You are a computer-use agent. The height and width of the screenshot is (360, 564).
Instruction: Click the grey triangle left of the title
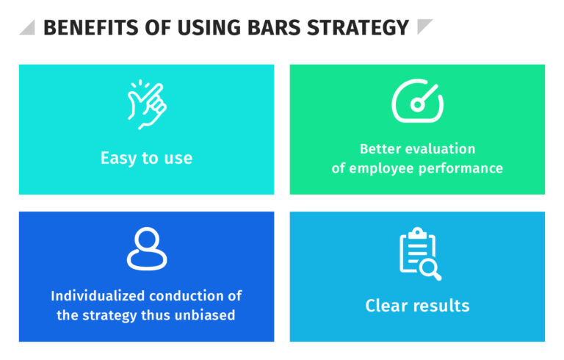[27, 28]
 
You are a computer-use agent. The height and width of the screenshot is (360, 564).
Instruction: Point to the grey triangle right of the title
[424, 27]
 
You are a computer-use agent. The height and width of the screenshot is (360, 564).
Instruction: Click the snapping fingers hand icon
[146, 105]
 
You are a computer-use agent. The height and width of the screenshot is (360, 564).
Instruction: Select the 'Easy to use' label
[146, 158]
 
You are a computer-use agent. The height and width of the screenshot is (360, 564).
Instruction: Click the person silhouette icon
[146, 250]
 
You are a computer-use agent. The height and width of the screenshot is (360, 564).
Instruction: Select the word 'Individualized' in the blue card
[98, 296]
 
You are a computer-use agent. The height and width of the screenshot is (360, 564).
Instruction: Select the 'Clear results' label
[417, 305]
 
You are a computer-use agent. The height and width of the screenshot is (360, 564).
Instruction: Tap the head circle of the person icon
[146, 240]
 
